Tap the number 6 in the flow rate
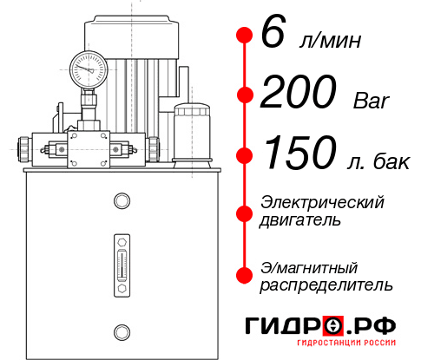pyautogui.click(x=272, y=36)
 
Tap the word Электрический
pyautogui.click(x=322, y=202)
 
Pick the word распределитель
pyautogui.click(x=326, y=284)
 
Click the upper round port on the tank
pyautogui.click(x=121, y=202)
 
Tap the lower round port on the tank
pyautogui.click(x=121, y=331)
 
